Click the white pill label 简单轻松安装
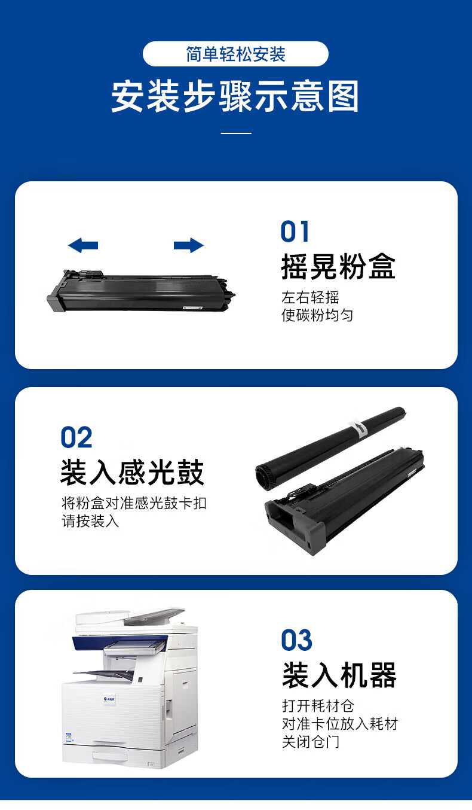[x=235, y=54]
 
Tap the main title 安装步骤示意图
[x=235, y=96]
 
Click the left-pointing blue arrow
[x=83, y=245]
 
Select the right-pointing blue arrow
[x=189, y=245]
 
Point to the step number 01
[x=295, y=232]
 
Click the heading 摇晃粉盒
[x=338, y=267]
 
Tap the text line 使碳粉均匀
[x=317, y=315]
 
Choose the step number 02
[x=76, y=437]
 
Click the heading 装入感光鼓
[x=132, y=472]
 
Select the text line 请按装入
[x=90, y=521]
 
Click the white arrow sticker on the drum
[x=359, y=428]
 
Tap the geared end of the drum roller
[x=263, y=477]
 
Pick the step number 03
[x=296, y=640]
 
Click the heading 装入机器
[x=339, y=675]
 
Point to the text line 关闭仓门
[x=311, y=742]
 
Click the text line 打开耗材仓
[x=318, y=706]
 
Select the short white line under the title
[x=236, y=133]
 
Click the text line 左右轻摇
[x=310, y=297]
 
